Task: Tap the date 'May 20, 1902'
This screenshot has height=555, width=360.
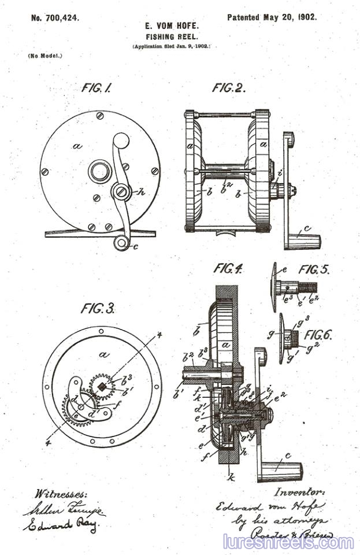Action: tap(290, 17)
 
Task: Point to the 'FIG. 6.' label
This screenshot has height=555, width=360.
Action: tap(318, 335)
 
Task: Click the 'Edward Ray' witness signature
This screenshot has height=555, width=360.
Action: tap(61, 526)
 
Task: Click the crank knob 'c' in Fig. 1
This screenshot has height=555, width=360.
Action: tap(121, 243)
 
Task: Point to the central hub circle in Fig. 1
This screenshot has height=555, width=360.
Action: tap(100, 172)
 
